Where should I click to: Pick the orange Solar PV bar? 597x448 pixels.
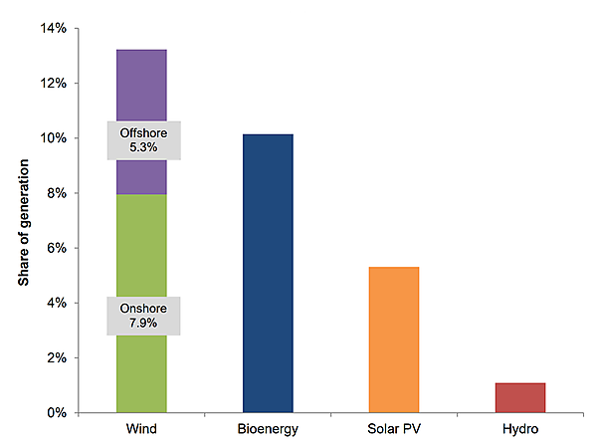point(394,338)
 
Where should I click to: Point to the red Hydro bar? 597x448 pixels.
point(519,397)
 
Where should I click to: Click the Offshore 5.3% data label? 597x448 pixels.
point(143,140)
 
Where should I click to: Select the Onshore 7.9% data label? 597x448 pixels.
point(143,316)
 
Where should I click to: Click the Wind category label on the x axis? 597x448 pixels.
point(141,430)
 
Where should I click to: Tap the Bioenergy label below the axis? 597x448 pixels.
point(268,430)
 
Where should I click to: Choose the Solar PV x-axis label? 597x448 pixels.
point(394,430)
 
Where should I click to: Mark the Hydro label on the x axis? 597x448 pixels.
point(519,430)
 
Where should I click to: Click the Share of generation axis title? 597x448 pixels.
point(23,221)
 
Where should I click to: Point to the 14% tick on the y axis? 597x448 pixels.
point(54,29)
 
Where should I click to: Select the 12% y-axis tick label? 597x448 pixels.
point(54,84)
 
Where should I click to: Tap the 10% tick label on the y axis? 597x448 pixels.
point(54,138)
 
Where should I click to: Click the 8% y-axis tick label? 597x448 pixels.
point(57,193)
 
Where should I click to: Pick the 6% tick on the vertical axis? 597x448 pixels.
point(57,248)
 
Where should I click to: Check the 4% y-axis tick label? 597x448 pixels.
point(57,303)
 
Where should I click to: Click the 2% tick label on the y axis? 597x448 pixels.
point(57,357)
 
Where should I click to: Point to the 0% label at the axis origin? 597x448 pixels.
point(57,412)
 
